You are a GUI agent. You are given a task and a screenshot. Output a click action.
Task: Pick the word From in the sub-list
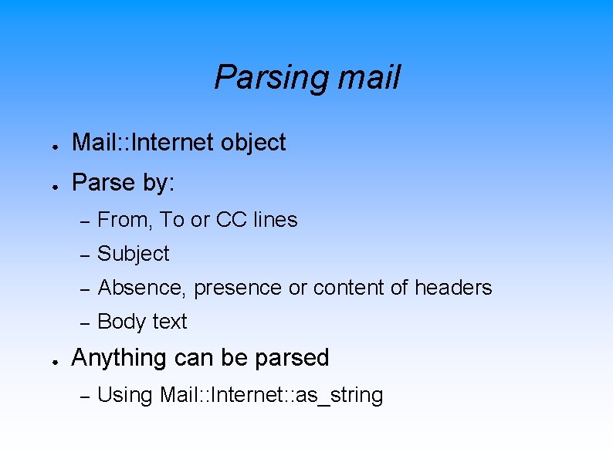coord(125,220)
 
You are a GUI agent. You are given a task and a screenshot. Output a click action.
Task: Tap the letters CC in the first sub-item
coord(231,220)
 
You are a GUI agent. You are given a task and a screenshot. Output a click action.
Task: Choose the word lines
coord(275,220)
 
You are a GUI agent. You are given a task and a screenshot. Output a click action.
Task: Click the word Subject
coord(134,254)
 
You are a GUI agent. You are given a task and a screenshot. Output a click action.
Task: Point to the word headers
coord(453,288)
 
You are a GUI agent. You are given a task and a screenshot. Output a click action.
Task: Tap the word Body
coord(120,322)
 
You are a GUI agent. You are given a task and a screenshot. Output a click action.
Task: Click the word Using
coord(125,395)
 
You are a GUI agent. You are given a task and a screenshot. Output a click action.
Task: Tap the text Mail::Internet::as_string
coord(271,395)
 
